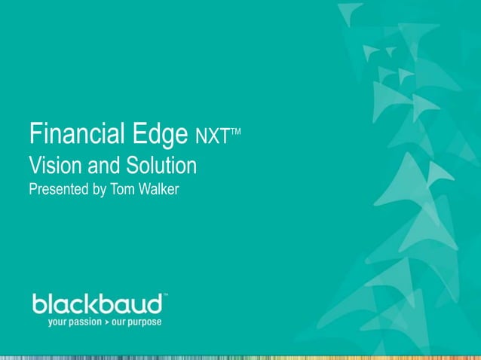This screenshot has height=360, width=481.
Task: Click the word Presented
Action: [x=57, y=188]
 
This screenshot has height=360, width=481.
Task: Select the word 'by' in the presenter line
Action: [x=99, y=189]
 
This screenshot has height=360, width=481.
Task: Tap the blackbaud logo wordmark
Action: [x=97, y=304]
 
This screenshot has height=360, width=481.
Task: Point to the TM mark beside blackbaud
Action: [x=165, y=296]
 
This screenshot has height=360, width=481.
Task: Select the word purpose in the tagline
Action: [x=144, y=322]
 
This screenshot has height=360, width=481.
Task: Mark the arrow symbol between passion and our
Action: [x=106, y=321]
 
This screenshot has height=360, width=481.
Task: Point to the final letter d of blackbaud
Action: [x=156, y=304]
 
